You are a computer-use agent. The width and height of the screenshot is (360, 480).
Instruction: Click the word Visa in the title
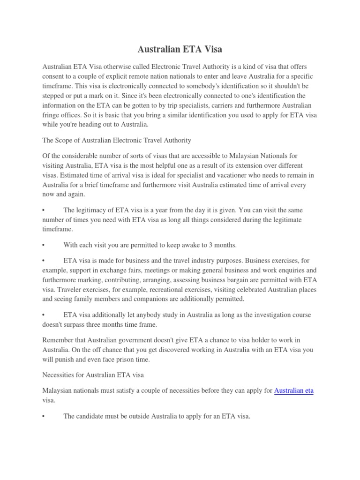click(x=210, y=50)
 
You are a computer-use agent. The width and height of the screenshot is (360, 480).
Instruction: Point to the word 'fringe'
click(x=52, y=115)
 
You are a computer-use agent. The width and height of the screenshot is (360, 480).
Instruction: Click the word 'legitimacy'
click(x=95, y=210)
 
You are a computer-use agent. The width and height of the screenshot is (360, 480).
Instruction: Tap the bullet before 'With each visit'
click(x=44, y=245)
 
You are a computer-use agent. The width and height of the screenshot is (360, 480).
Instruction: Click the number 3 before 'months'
click(x=209, y=245)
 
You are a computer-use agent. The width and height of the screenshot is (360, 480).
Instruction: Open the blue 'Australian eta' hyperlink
click(x=294, y=390)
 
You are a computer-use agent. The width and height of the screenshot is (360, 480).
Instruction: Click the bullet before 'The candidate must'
click(x=44, y=416)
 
